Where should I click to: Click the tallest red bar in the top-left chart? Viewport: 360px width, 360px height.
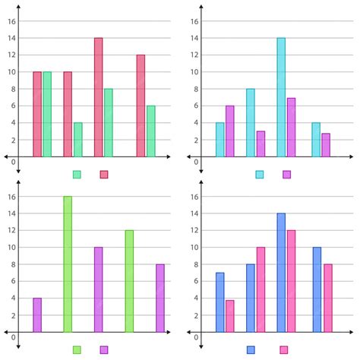pos(99,97)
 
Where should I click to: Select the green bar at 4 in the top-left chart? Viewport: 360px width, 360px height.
pos(78,140)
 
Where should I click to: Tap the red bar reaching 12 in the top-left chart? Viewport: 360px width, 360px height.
pos(141,106)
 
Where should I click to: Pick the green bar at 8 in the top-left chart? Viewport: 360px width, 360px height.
pos(109,123)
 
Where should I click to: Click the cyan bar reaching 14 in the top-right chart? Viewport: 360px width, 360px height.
pos(281,97)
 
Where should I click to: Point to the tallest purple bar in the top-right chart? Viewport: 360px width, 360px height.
pos(291,127)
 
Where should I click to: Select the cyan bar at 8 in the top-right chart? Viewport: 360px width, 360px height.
pos(251,123)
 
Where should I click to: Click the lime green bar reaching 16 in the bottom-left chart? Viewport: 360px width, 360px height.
pos(68,264)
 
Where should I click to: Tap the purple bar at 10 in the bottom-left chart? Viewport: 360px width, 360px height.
pos(99,289)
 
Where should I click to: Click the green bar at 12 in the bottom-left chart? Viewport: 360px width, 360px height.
pos(129,281)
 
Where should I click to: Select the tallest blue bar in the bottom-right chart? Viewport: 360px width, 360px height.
pos(281,273)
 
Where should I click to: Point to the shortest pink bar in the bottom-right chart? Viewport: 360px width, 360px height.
pos(229,316)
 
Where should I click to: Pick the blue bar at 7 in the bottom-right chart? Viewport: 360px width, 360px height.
pos(219,302)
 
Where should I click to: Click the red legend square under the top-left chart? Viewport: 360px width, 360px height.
pos(104,174)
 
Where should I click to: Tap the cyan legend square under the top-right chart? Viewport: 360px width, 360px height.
pos(260,174)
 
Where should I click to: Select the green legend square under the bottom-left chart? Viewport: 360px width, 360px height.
pos(77,349)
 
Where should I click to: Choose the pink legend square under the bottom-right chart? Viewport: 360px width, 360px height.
pos(284,349)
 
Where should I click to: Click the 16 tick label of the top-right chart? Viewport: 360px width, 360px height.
pos(194,22)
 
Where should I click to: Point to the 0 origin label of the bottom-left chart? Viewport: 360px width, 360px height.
pos(13,336)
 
